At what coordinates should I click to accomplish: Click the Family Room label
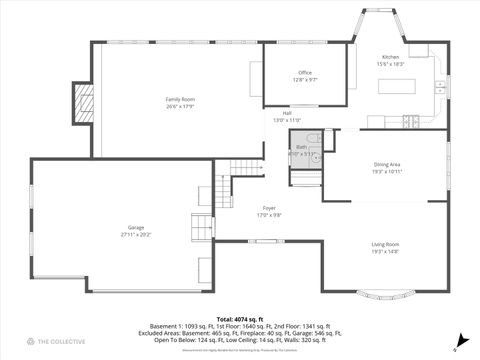[180, 99]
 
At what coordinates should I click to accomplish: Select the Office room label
[305, 73]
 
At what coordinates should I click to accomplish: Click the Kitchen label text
[390, 57]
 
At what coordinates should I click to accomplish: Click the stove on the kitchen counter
[410, 123]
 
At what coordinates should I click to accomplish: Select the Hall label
[286, 113]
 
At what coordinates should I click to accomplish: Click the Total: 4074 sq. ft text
[240, 318]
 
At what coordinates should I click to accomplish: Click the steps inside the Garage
[203, 227]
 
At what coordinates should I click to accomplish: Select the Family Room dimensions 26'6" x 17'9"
[180, 106]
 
